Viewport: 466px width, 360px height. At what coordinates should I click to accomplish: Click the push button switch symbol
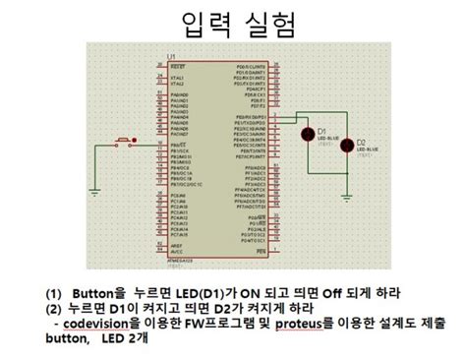(x=126, y=144)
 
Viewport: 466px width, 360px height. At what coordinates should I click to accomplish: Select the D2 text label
(x=360, y=143)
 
